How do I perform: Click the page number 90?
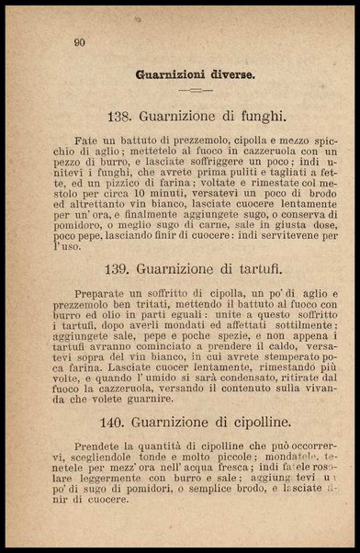(x=79, y=40)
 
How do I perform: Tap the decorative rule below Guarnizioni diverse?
(x=195, y=90)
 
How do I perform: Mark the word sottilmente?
(x=275, y=325)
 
